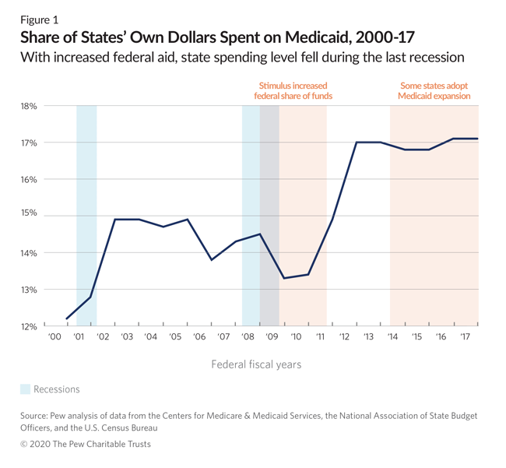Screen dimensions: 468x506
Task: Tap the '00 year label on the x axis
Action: [54, 337]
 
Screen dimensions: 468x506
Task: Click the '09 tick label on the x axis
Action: [272, 337]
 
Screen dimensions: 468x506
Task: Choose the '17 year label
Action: [466, 337]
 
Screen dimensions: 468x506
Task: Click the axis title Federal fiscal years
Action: [255, 364]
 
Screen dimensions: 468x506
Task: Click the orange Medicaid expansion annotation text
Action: [434, 97]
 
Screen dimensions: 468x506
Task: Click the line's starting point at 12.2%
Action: [67, 318]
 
